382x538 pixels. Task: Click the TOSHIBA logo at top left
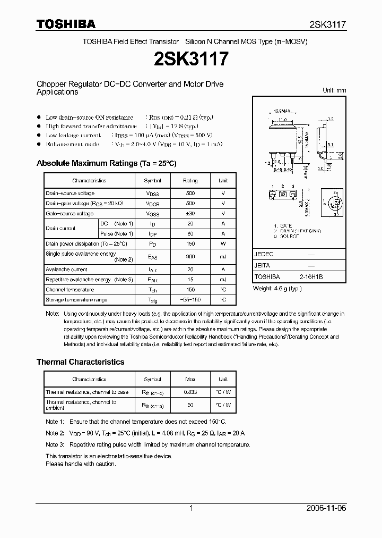point(66,24)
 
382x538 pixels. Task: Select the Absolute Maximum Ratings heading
point(106,163)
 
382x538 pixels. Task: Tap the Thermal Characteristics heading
point(80,362)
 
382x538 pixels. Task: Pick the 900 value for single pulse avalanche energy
point(190,257)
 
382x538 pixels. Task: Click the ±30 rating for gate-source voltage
point(190,214)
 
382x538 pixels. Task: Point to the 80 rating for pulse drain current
point(190,234)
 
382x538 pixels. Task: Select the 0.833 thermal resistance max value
point(190,392)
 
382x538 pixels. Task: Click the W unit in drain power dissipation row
point(223,244)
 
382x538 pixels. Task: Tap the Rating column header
point(190,181)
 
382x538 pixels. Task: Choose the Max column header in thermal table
point(190,380)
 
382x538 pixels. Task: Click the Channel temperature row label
point(70,290)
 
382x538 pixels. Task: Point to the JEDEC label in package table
point(264,255)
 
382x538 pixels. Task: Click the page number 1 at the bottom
point(191,508)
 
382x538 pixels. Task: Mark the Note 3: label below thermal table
point(55,444)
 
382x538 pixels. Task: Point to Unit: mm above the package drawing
point(334,90)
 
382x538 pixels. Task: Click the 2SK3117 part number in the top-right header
point(327,24)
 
